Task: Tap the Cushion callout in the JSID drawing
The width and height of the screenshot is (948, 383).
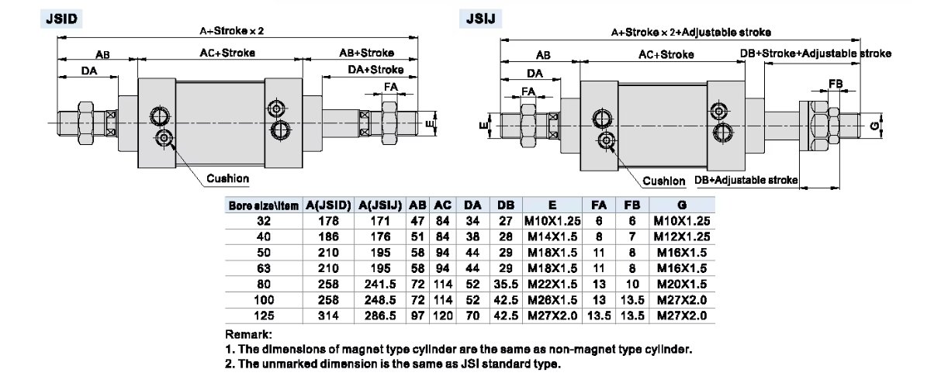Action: point(227,179)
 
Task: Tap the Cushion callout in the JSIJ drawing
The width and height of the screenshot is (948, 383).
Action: point(664,181)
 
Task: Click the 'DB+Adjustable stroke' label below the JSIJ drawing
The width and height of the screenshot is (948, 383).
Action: point(746,180)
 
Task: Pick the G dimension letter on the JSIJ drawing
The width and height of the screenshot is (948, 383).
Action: point(874,125)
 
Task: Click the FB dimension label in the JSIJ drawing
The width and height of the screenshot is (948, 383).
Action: point(836,83)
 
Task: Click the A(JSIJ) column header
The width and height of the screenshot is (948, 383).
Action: point(380,205)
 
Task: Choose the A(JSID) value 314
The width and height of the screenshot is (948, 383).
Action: point(330,316)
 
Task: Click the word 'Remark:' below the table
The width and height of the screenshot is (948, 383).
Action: point(248,334)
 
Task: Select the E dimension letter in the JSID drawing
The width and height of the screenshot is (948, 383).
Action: point(429,122)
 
